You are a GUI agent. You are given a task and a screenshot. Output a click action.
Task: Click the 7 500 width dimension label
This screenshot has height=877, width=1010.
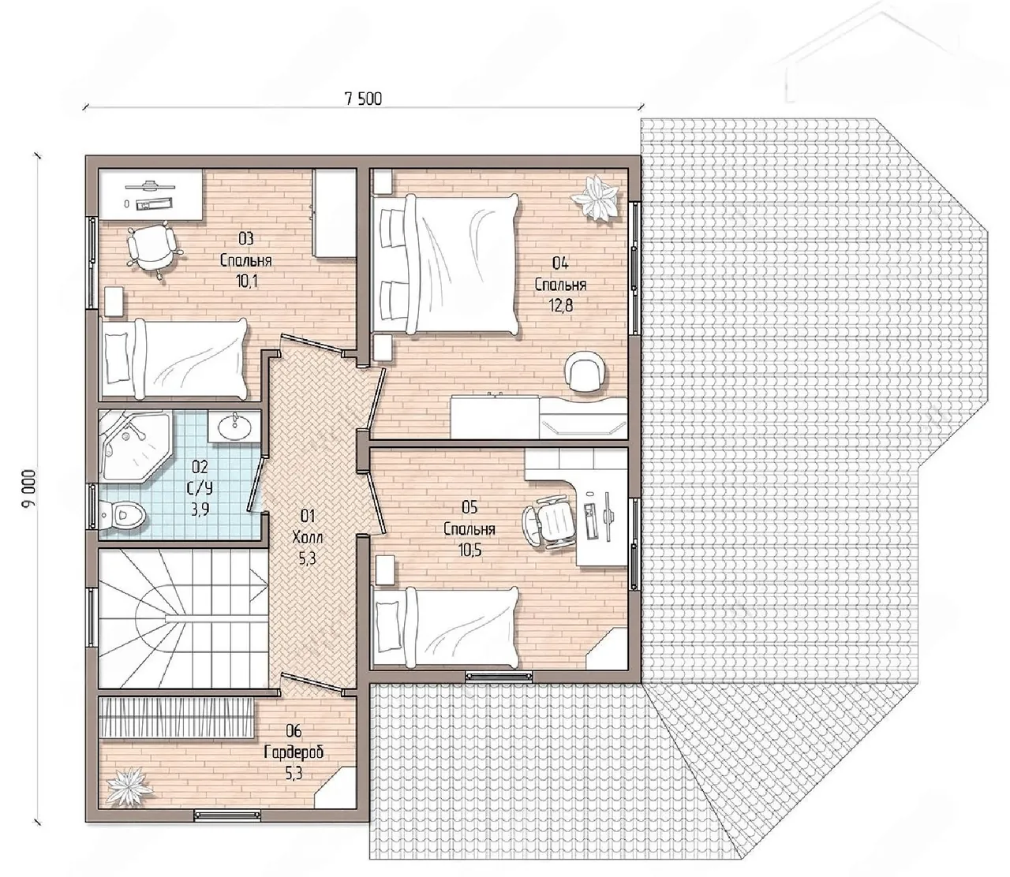click(x=363, y=99)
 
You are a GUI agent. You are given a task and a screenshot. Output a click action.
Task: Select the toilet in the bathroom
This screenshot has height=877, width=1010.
click(x=123, y=514)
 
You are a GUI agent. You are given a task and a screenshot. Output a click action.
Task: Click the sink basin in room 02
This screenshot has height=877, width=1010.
click(x=234, y=426)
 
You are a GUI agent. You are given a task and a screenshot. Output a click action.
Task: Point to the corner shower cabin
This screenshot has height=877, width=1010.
click(x=134, y=445)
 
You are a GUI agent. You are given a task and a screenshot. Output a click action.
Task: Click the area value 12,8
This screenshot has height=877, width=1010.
click(x=560, y=306)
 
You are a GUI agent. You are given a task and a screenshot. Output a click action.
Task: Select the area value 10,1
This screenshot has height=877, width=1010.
click(x=247, y=281)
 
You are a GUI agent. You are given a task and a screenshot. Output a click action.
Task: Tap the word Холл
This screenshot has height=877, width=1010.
click(x=307, y=537)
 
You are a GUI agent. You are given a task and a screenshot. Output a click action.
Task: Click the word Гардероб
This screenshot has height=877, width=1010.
click(x=294, y=752)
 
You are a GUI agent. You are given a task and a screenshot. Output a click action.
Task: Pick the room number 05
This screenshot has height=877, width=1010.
click(x=469, y=507)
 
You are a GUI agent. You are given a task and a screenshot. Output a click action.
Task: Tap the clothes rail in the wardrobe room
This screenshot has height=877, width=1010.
click(x=176, y=717)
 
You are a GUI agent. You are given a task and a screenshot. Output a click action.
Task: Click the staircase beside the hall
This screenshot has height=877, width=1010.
click(x=182, y=618)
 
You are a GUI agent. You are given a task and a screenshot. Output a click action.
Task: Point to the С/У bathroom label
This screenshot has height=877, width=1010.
click(x=200, y=488)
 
